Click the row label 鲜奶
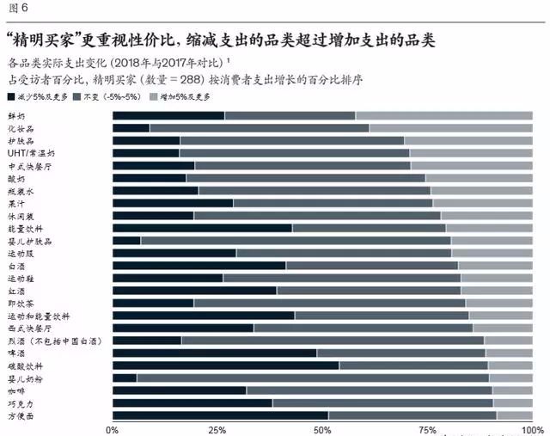coord(18,115)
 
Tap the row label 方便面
coord(21,416)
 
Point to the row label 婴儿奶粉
coord(25,378)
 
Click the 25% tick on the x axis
coord(217,429)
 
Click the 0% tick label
coord(112,429)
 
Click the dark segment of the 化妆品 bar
coord(131,128)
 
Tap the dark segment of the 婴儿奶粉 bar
coord(125,378)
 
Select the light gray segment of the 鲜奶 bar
coord(443,115)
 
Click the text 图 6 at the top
coord(17,8)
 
